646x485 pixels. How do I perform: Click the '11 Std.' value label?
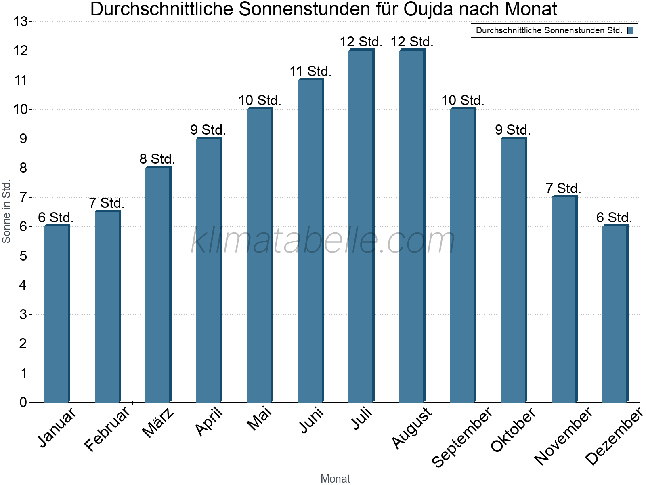(310, 72)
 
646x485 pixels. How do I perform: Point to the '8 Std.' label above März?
(157, 159)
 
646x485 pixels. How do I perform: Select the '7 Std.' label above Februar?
(107, 203)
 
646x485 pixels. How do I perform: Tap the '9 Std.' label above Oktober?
(513, 130)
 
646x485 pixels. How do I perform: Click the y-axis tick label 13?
(20, 22)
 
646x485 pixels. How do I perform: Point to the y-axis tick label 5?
(23, 256)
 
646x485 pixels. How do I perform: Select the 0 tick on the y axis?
(23, 403)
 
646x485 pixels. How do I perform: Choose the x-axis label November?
(564, 436)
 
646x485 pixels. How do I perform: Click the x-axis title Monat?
(335, 479)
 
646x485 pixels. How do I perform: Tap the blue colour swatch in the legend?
(630, 30)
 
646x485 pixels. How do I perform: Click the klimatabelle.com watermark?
(323, 241)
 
